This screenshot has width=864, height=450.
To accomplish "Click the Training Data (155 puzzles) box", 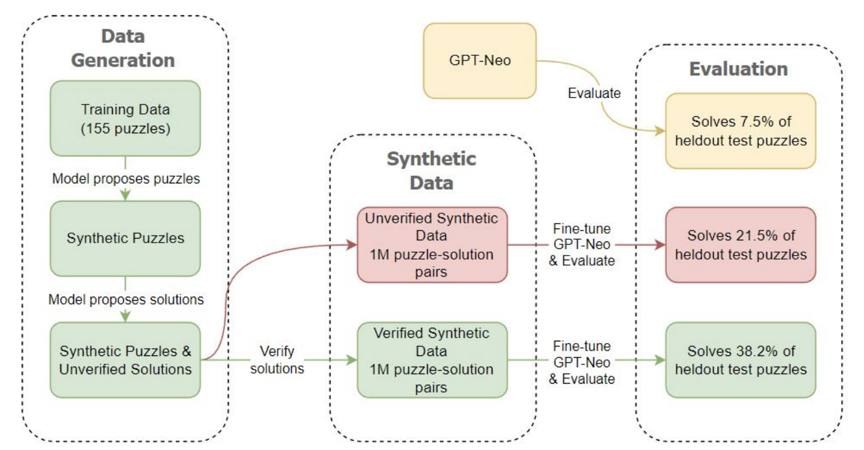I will [x=125, y=118].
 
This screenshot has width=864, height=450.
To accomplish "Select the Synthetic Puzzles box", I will [x=125, y=239].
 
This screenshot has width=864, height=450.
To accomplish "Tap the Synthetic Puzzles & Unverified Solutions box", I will [x=125, y=360].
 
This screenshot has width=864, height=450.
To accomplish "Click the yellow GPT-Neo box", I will [x=480, y=61].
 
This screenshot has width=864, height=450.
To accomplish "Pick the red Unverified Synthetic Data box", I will [x=433, y=244].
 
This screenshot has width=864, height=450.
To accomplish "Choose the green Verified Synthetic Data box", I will [x=433, y=360].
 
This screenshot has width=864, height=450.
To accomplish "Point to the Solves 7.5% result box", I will [x=740, y=130].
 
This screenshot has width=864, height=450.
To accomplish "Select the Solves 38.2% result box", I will [x=740, y=360].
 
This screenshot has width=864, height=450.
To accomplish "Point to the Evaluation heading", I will [x=738, y=69].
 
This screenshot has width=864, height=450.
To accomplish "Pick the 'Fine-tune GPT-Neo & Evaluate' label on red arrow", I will [x=581, y=244].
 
